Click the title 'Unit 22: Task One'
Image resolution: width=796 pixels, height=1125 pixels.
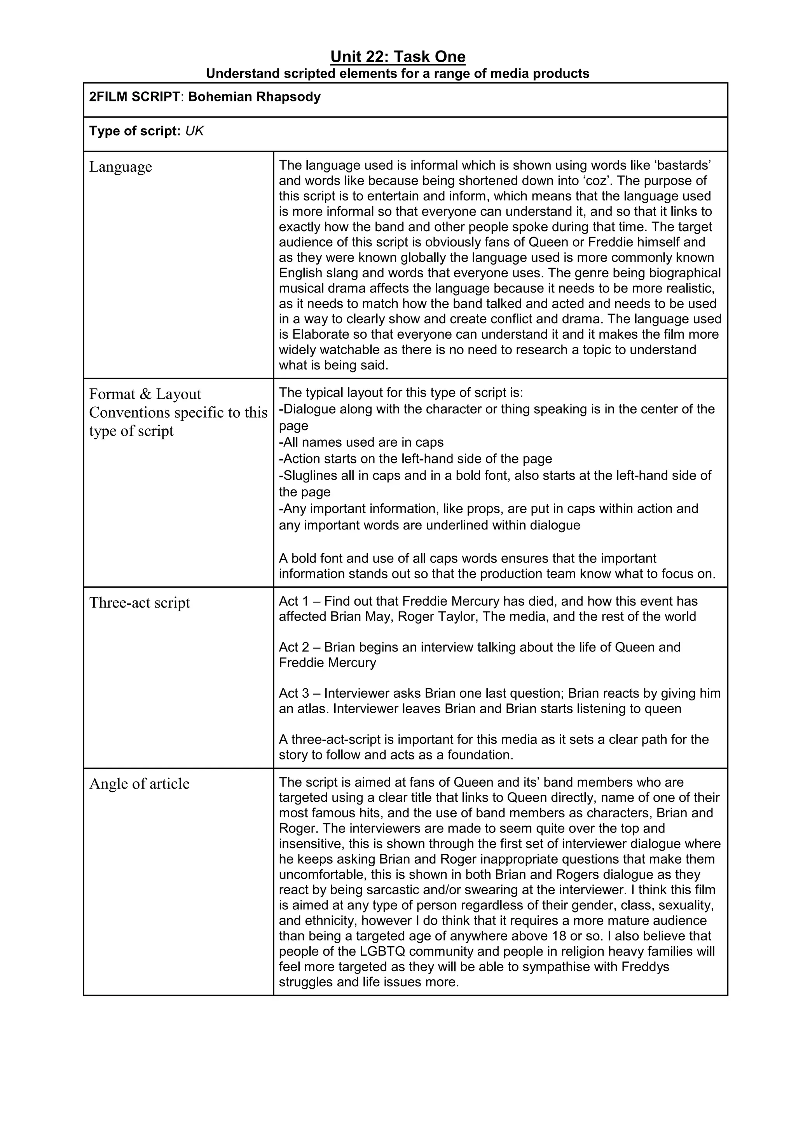(x=398, y=57)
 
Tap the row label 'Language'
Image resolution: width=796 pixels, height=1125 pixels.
(x=120, y=167)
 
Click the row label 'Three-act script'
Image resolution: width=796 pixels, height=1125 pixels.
(x=139, y=603)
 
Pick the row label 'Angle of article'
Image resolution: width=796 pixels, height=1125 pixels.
(x=139, y=784)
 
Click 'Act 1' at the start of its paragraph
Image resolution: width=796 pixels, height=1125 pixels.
(x=293, y=601)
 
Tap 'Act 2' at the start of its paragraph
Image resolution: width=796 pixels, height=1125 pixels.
(x=293, y=647)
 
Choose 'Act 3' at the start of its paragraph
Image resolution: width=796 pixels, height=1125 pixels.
(x=293, y=693)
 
